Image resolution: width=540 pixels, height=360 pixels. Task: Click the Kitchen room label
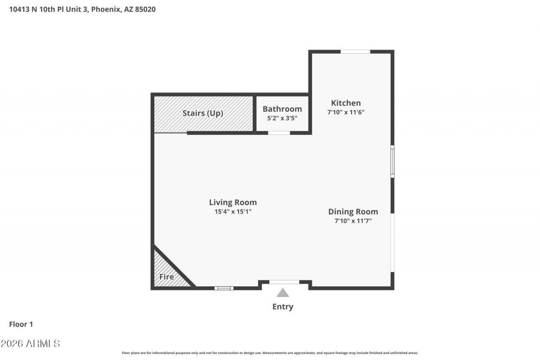[346, 103]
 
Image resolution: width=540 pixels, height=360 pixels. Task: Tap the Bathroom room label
[282, 109]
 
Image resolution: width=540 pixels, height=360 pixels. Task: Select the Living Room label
[232, 202]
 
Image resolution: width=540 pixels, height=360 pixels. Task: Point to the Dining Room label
[353, 212]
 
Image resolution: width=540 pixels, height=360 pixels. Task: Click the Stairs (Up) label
[203, 113]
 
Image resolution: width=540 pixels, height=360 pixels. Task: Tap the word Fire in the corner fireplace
[167, 276]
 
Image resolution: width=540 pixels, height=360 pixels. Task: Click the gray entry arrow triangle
[283, 293]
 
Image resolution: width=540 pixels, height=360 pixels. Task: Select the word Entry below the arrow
[283, 307]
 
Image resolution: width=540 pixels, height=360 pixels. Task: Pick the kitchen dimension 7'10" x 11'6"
[346, 112]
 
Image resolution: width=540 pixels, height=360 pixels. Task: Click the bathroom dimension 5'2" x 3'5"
[282, 118]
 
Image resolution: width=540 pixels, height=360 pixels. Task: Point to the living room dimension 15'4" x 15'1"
[233, 211]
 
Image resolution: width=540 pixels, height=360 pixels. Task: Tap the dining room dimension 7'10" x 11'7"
[353, 221]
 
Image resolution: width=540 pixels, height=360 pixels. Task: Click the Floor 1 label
[21, 324]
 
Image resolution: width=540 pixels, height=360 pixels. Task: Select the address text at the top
[82, 9]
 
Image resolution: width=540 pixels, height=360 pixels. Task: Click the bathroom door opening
[279, 133]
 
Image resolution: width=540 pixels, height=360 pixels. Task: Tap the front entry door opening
[284, 282]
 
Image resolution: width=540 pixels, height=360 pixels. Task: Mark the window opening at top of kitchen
[355, 51]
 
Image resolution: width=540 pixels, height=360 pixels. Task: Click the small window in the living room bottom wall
[224, 288]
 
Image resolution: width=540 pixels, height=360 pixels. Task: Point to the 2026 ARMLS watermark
[30, 344]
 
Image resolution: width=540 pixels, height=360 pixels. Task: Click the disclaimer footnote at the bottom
[270, 353]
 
